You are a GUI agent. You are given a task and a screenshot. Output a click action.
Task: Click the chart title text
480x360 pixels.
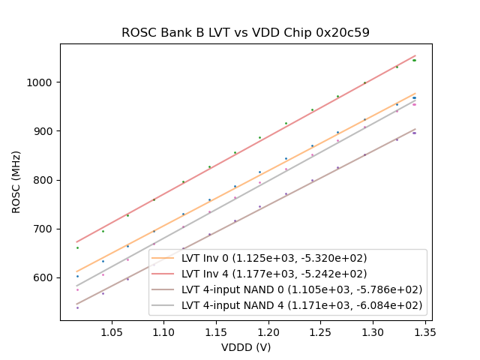[245, 33]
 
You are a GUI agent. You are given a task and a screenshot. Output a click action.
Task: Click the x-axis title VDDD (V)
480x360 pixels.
[246, 347]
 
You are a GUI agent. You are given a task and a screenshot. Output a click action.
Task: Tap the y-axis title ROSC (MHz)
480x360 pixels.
[16, 182]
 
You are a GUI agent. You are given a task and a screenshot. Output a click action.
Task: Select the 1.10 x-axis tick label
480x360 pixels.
[163, 331]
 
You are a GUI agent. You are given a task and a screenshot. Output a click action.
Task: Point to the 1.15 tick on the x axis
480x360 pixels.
[216, 331]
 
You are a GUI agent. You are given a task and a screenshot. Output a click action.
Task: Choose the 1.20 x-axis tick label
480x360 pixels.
[268, 331]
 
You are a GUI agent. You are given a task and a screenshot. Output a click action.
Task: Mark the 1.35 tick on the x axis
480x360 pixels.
[425, 331]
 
